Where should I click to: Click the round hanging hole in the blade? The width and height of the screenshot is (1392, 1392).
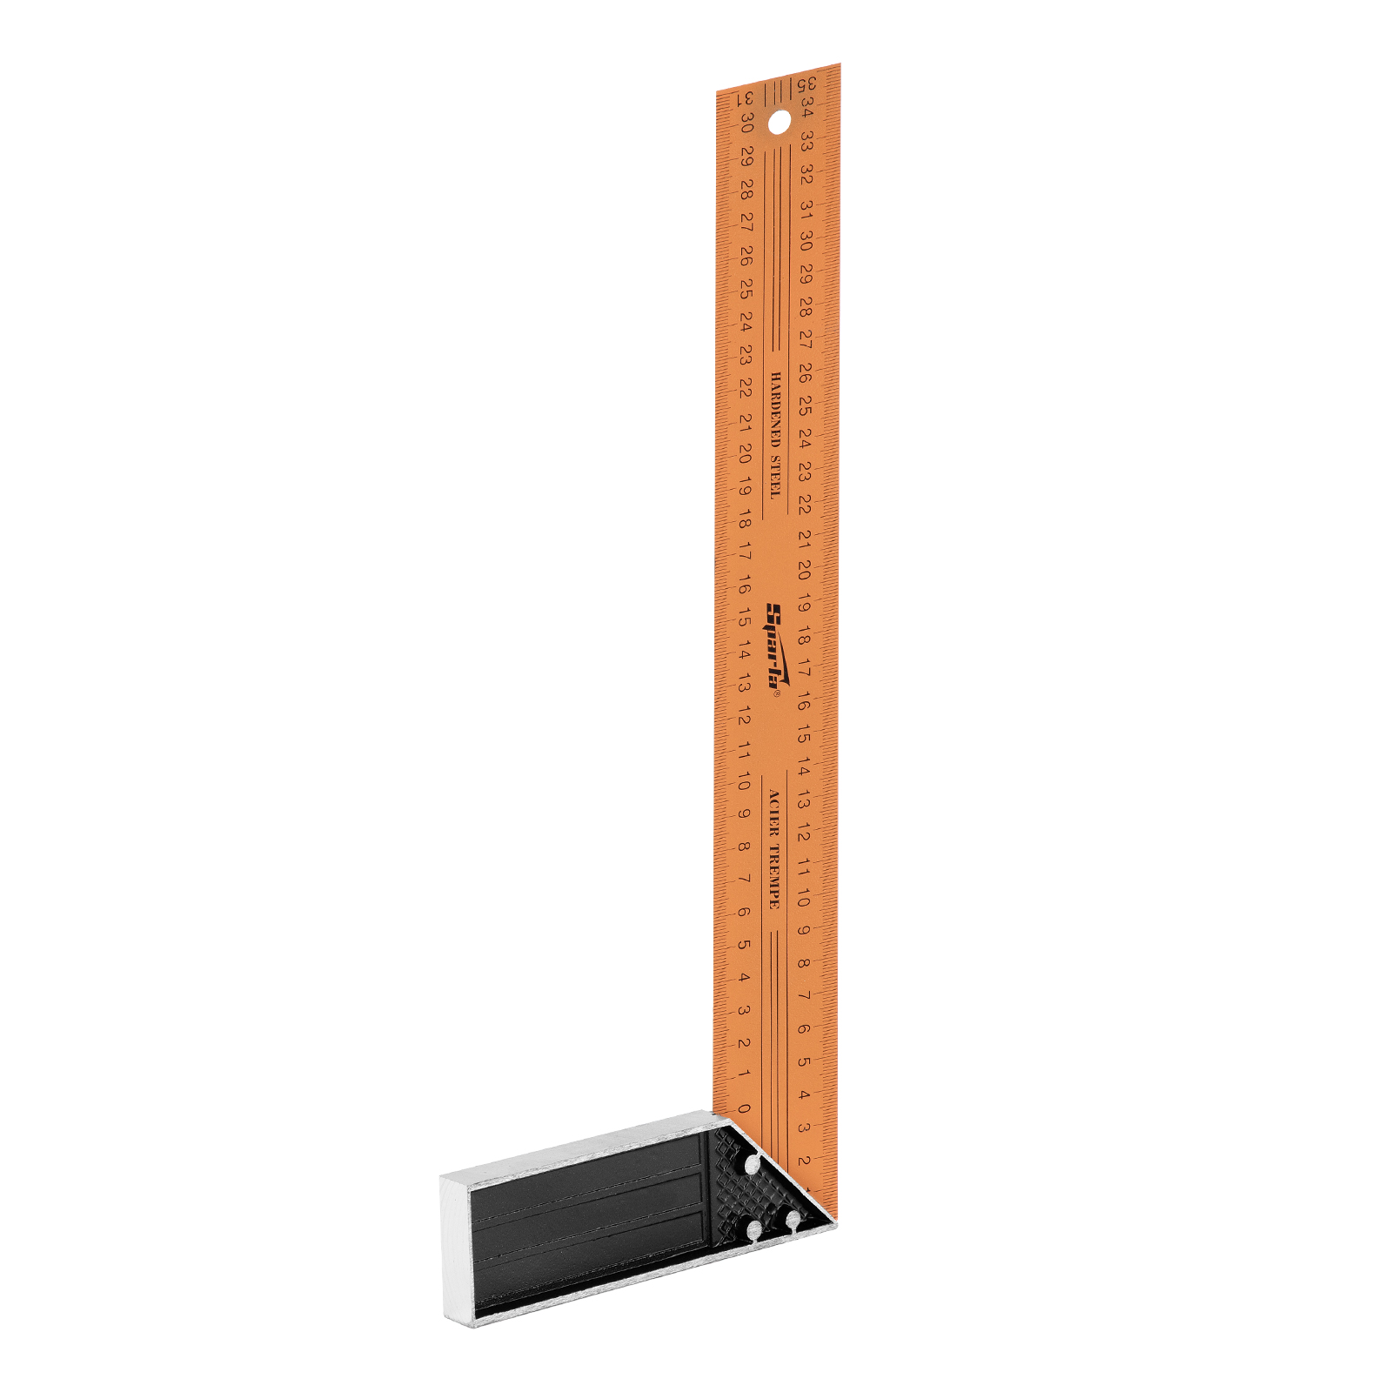780,122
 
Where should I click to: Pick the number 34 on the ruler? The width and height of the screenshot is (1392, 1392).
807,110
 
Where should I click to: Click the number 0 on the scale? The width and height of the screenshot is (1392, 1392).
743,1108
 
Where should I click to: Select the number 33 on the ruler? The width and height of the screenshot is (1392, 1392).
806,141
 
